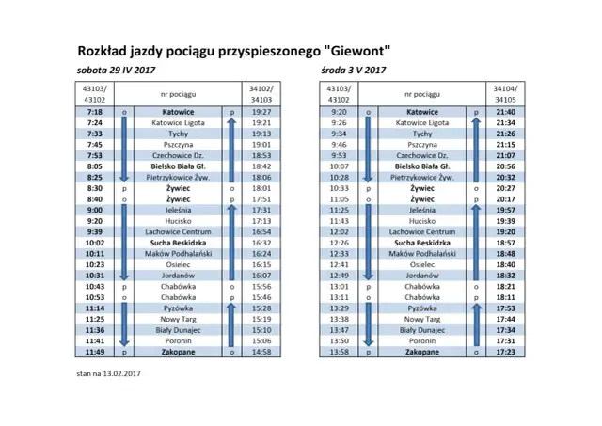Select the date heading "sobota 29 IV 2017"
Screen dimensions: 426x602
[x=116, y=71]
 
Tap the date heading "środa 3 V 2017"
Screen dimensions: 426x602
[x=352, y=71]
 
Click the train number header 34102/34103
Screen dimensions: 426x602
[x=261, y=92]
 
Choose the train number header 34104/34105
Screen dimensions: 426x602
[x=505, y=92]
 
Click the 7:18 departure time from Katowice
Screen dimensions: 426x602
[x=93, y=112]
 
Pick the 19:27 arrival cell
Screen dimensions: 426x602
[x=261, y=112]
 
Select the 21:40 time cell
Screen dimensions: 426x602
[x=505, y=112]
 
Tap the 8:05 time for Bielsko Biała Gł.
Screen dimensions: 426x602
[x=93, y=166]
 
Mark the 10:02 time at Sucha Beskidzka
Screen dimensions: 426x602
[x=93, y=243]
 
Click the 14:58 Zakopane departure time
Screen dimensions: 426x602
[x=261, y=352]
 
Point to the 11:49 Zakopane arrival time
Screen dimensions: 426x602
[x=93, y=352]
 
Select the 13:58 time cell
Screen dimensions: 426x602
[x=340, y=352]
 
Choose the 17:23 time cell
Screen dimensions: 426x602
[x=505, y=352]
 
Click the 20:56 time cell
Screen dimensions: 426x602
[x=505, y=166]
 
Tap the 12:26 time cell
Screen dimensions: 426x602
[x=340, y=243]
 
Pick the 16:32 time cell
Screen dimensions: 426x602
[x=261, y=243]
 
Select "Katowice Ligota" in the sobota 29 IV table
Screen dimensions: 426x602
[x=178, y=123]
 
